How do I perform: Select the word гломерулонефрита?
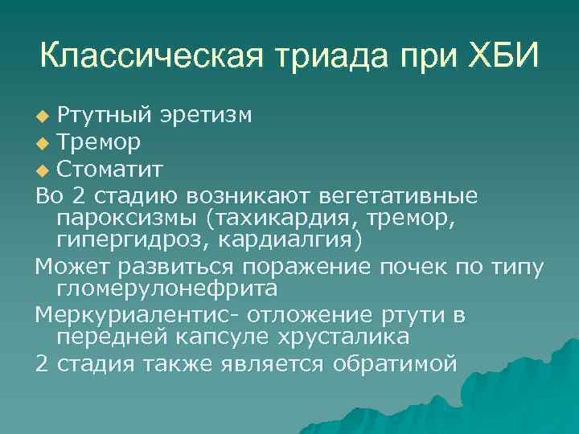pos(165,289)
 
